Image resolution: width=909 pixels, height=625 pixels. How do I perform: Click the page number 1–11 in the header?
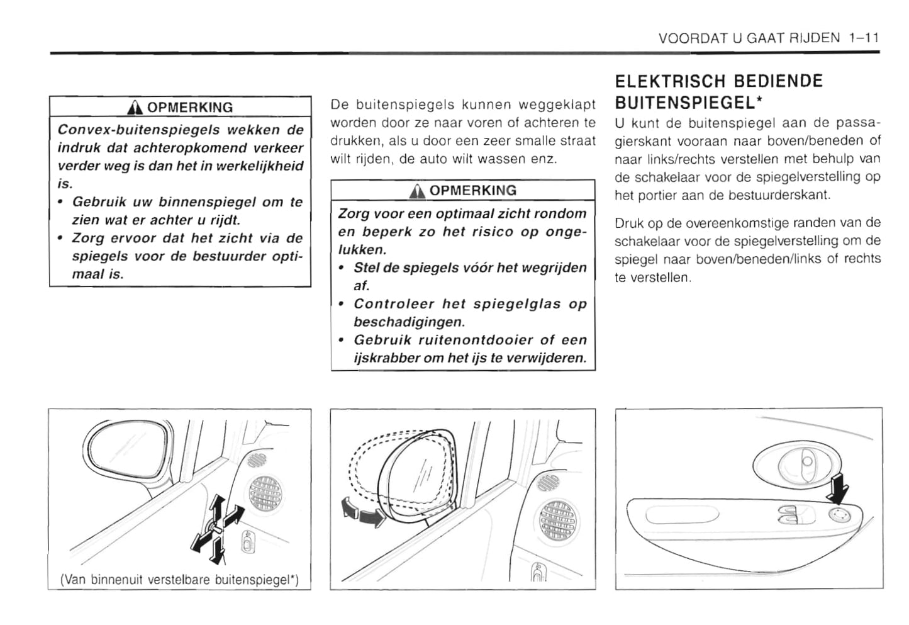pos(862,38)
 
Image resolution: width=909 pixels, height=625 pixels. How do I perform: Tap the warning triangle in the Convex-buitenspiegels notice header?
pos(133,108)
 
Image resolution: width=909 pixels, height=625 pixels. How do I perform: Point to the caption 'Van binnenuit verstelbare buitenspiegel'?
pos(179,579)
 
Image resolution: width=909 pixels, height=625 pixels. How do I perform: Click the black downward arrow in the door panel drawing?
pos(839,488)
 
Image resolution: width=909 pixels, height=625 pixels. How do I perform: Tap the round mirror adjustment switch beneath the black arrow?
pos(839,515)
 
